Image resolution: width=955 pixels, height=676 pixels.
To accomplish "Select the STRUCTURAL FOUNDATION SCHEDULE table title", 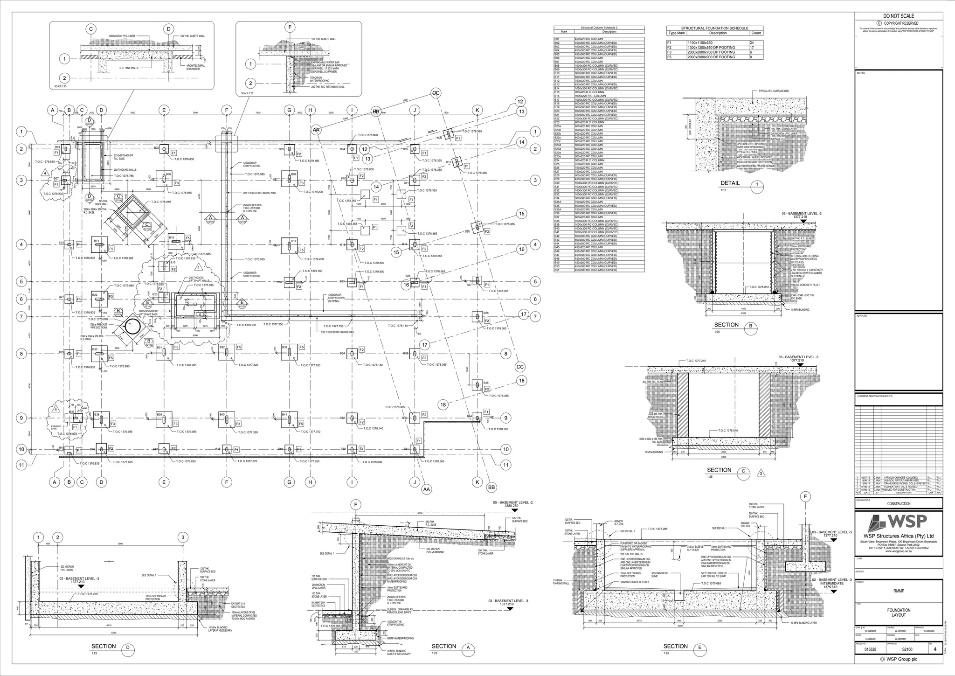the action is point(714,28).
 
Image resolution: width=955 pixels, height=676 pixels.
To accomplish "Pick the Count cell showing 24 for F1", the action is point(756,43).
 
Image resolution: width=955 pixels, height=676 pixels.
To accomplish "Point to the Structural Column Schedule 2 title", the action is point(599,28).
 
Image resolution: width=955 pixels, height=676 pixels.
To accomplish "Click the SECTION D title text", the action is point(104,646).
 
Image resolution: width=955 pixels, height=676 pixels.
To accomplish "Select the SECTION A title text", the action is point(444,646).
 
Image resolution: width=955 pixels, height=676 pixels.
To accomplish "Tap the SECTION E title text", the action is point(675,646).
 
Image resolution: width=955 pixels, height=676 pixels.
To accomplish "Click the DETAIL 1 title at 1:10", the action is point(730,183).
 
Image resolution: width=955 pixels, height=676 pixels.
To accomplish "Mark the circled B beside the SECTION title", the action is point(750,326).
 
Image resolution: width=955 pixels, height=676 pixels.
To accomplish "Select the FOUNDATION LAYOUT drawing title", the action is point(898,613).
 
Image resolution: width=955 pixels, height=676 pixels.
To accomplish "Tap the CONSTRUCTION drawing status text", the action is point(898,504).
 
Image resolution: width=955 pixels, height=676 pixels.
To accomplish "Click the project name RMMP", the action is point(898,591).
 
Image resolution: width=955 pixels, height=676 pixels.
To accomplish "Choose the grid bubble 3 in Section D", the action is point(183,537).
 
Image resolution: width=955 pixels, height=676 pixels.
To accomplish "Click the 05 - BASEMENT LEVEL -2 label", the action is point(512,503).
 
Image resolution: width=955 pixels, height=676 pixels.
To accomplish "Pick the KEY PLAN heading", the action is point(861,316).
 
